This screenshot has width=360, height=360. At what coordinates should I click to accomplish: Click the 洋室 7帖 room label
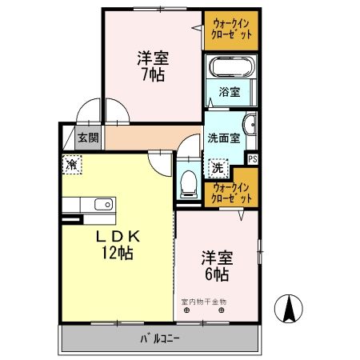click(150, 65)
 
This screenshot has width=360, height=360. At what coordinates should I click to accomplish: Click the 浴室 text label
click(230, 91)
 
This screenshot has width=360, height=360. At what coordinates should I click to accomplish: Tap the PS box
click(253, 158)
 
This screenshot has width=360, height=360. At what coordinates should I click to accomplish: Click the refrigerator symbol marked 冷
click(71, 166)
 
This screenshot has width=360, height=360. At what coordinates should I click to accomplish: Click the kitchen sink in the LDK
click(102, 204)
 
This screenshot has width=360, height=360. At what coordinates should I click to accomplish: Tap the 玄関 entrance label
click(88, 138)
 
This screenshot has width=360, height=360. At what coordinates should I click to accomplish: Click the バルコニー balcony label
click(160, 338)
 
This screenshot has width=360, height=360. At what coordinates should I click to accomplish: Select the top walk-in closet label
click(231, 30)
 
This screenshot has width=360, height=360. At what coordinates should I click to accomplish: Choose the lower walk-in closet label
click(233, 192)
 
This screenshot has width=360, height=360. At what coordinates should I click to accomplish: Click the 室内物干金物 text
click(204, 302)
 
